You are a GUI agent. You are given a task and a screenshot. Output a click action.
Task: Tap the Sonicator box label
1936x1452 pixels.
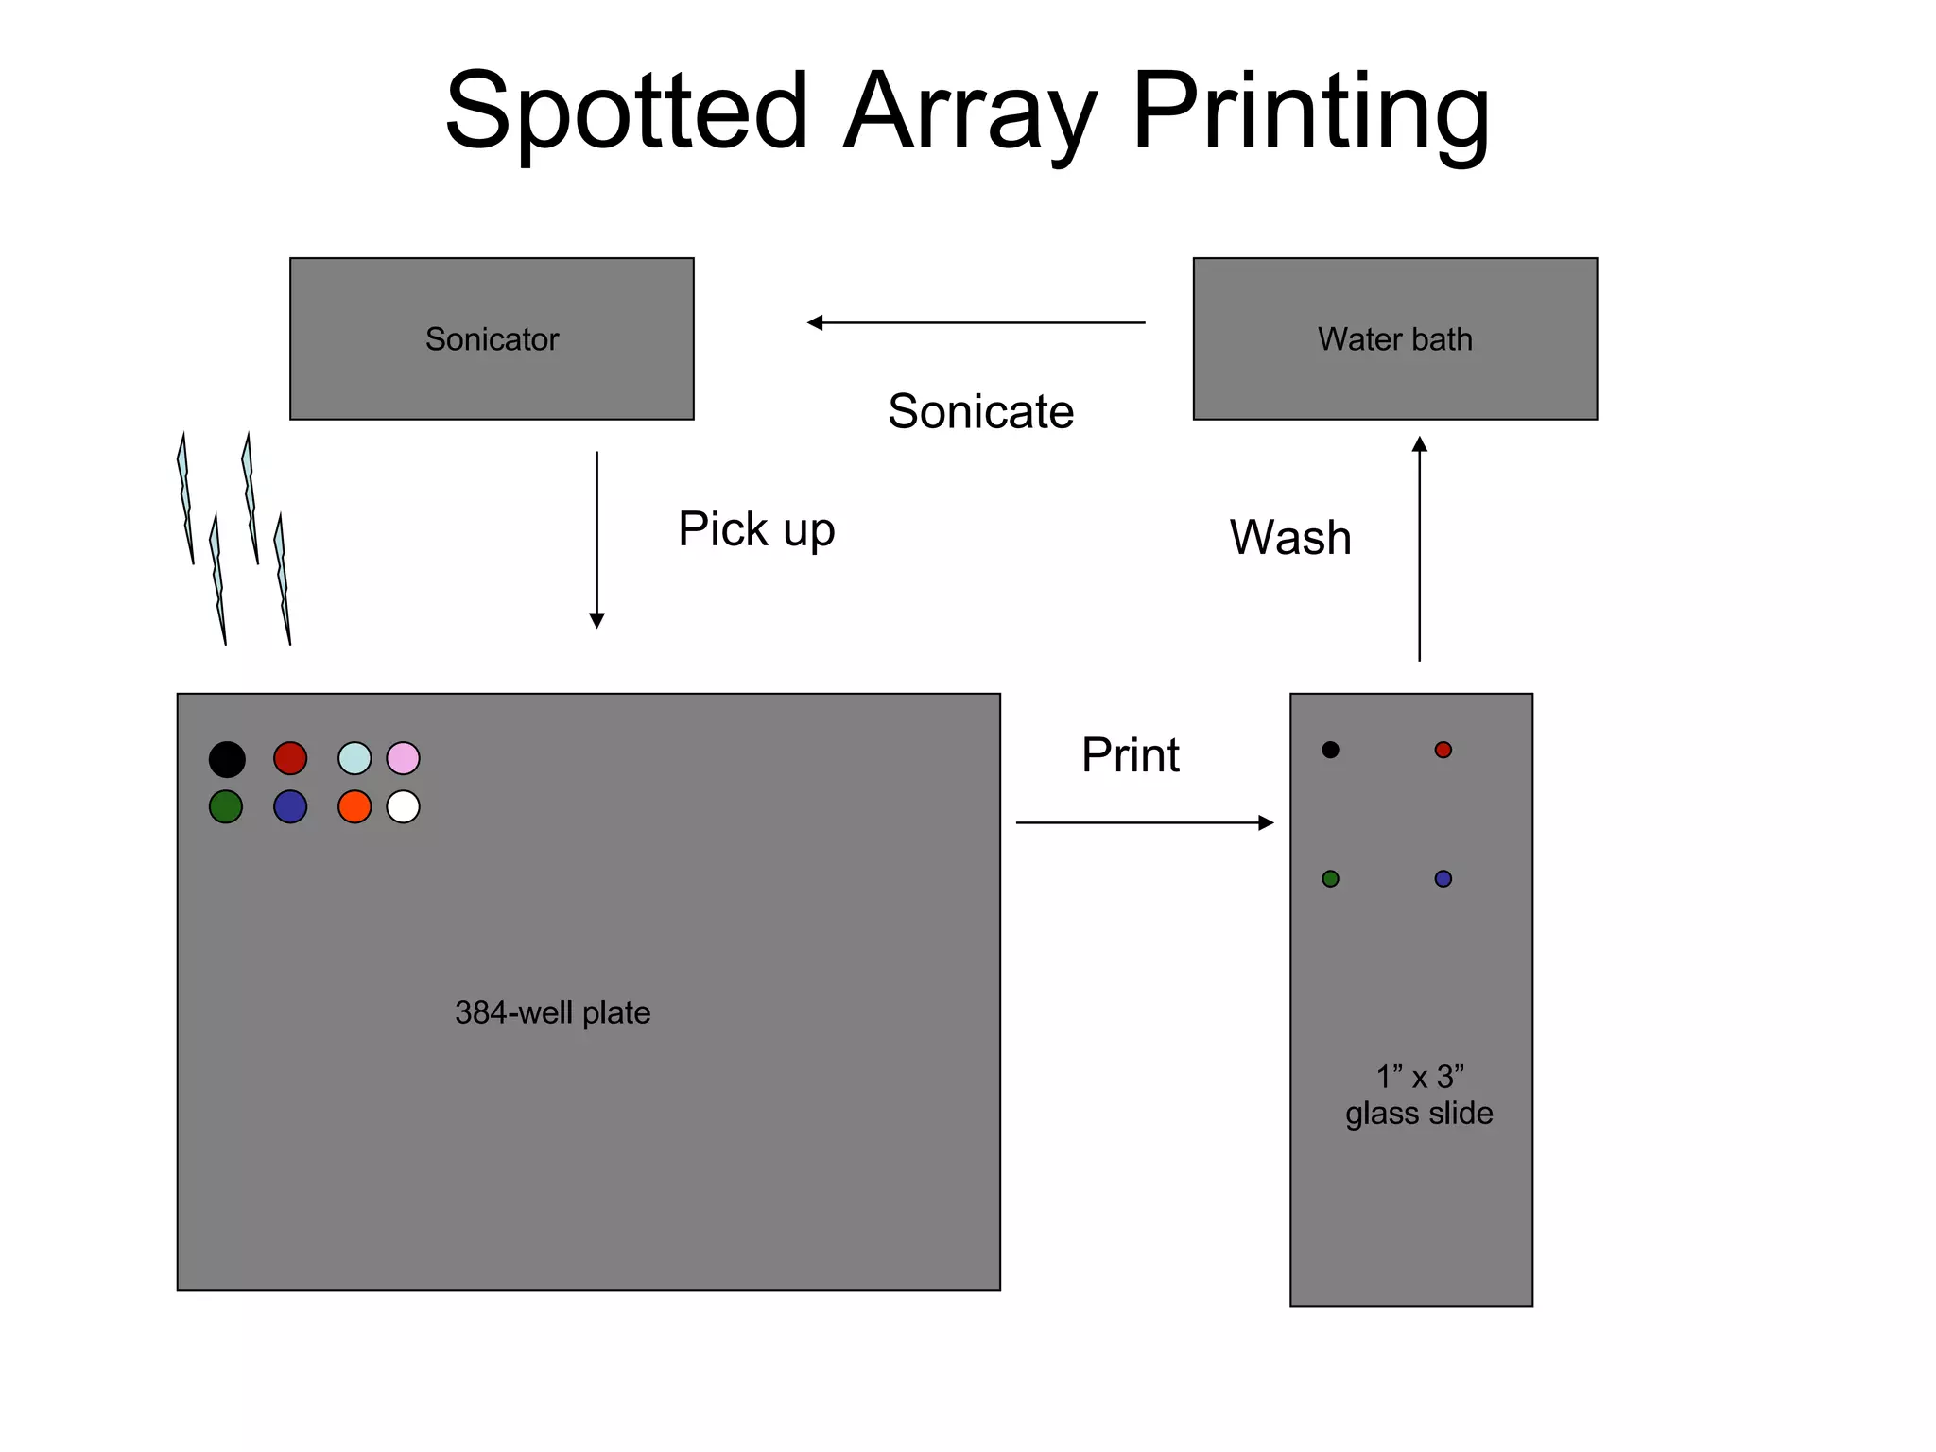492,339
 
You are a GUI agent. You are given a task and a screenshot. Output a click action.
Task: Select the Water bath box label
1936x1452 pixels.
1394,339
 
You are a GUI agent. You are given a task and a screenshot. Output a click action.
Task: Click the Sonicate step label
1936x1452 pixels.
980,412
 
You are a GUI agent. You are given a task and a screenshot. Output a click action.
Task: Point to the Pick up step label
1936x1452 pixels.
756,529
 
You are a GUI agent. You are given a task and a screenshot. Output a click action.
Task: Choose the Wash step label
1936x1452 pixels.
1290,538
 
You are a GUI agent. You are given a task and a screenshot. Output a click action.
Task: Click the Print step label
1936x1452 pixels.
1130,755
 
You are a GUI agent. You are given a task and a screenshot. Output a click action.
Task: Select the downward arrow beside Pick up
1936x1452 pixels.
596,539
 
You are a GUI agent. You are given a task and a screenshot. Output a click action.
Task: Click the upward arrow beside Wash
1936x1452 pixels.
1419,548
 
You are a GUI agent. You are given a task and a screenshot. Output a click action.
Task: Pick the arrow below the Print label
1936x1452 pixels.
1144,822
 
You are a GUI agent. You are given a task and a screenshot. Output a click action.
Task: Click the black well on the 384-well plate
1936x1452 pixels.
227,759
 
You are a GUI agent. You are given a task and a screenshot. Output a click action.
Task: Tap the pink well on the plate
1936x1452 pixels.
403,758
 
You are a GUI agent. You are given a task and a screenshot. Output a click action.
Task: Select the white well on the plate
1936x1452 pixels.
403,806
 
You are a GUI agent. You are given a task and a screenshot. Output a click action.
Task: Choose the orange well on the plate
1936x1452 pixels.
354,806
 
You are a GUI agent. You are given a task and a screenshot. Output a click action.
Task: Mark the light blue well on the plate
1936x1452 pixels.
354,758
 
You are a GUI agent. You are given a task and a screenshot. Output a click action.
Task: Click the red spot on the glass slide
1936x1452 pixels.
1443,750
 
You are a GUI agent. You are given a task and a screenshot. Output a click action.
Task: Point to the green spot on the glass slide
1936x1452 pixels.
1330,879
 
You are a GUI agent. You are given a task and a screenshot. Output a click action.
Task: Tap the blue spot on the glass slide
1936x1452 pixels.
1443,879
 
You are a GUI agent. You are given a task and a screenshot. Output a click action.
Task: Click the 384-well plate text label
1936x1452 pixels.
552,1013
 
